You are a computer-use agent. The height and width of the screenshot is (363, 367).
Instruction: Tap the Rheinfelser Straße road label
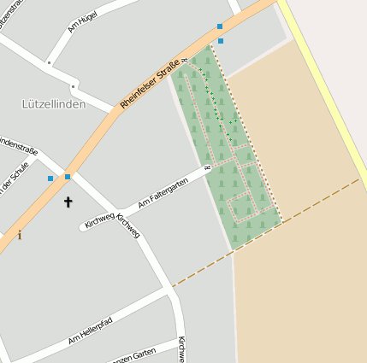(x=151, y=83)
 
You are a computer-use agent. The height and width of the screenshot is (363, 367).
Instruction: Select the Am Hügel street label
(x=81, y=22)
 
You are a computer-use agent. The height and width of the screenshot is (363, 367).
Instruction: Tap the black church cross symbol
(x=68, y=202)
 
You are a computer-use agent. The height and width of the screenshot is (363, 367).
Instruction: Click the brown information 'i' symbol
(x=19, y=235)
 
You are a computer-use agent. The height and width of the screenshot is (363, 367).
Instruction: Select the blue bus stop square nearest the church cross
(x=68, y=177)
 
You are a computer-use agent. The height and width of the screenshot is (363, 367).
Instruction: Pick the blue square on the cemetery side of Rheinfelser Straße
(x=221, y=40)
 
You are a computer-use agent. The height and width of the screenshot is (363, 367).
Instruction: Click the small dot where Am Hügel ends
(x=49, y=61)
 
